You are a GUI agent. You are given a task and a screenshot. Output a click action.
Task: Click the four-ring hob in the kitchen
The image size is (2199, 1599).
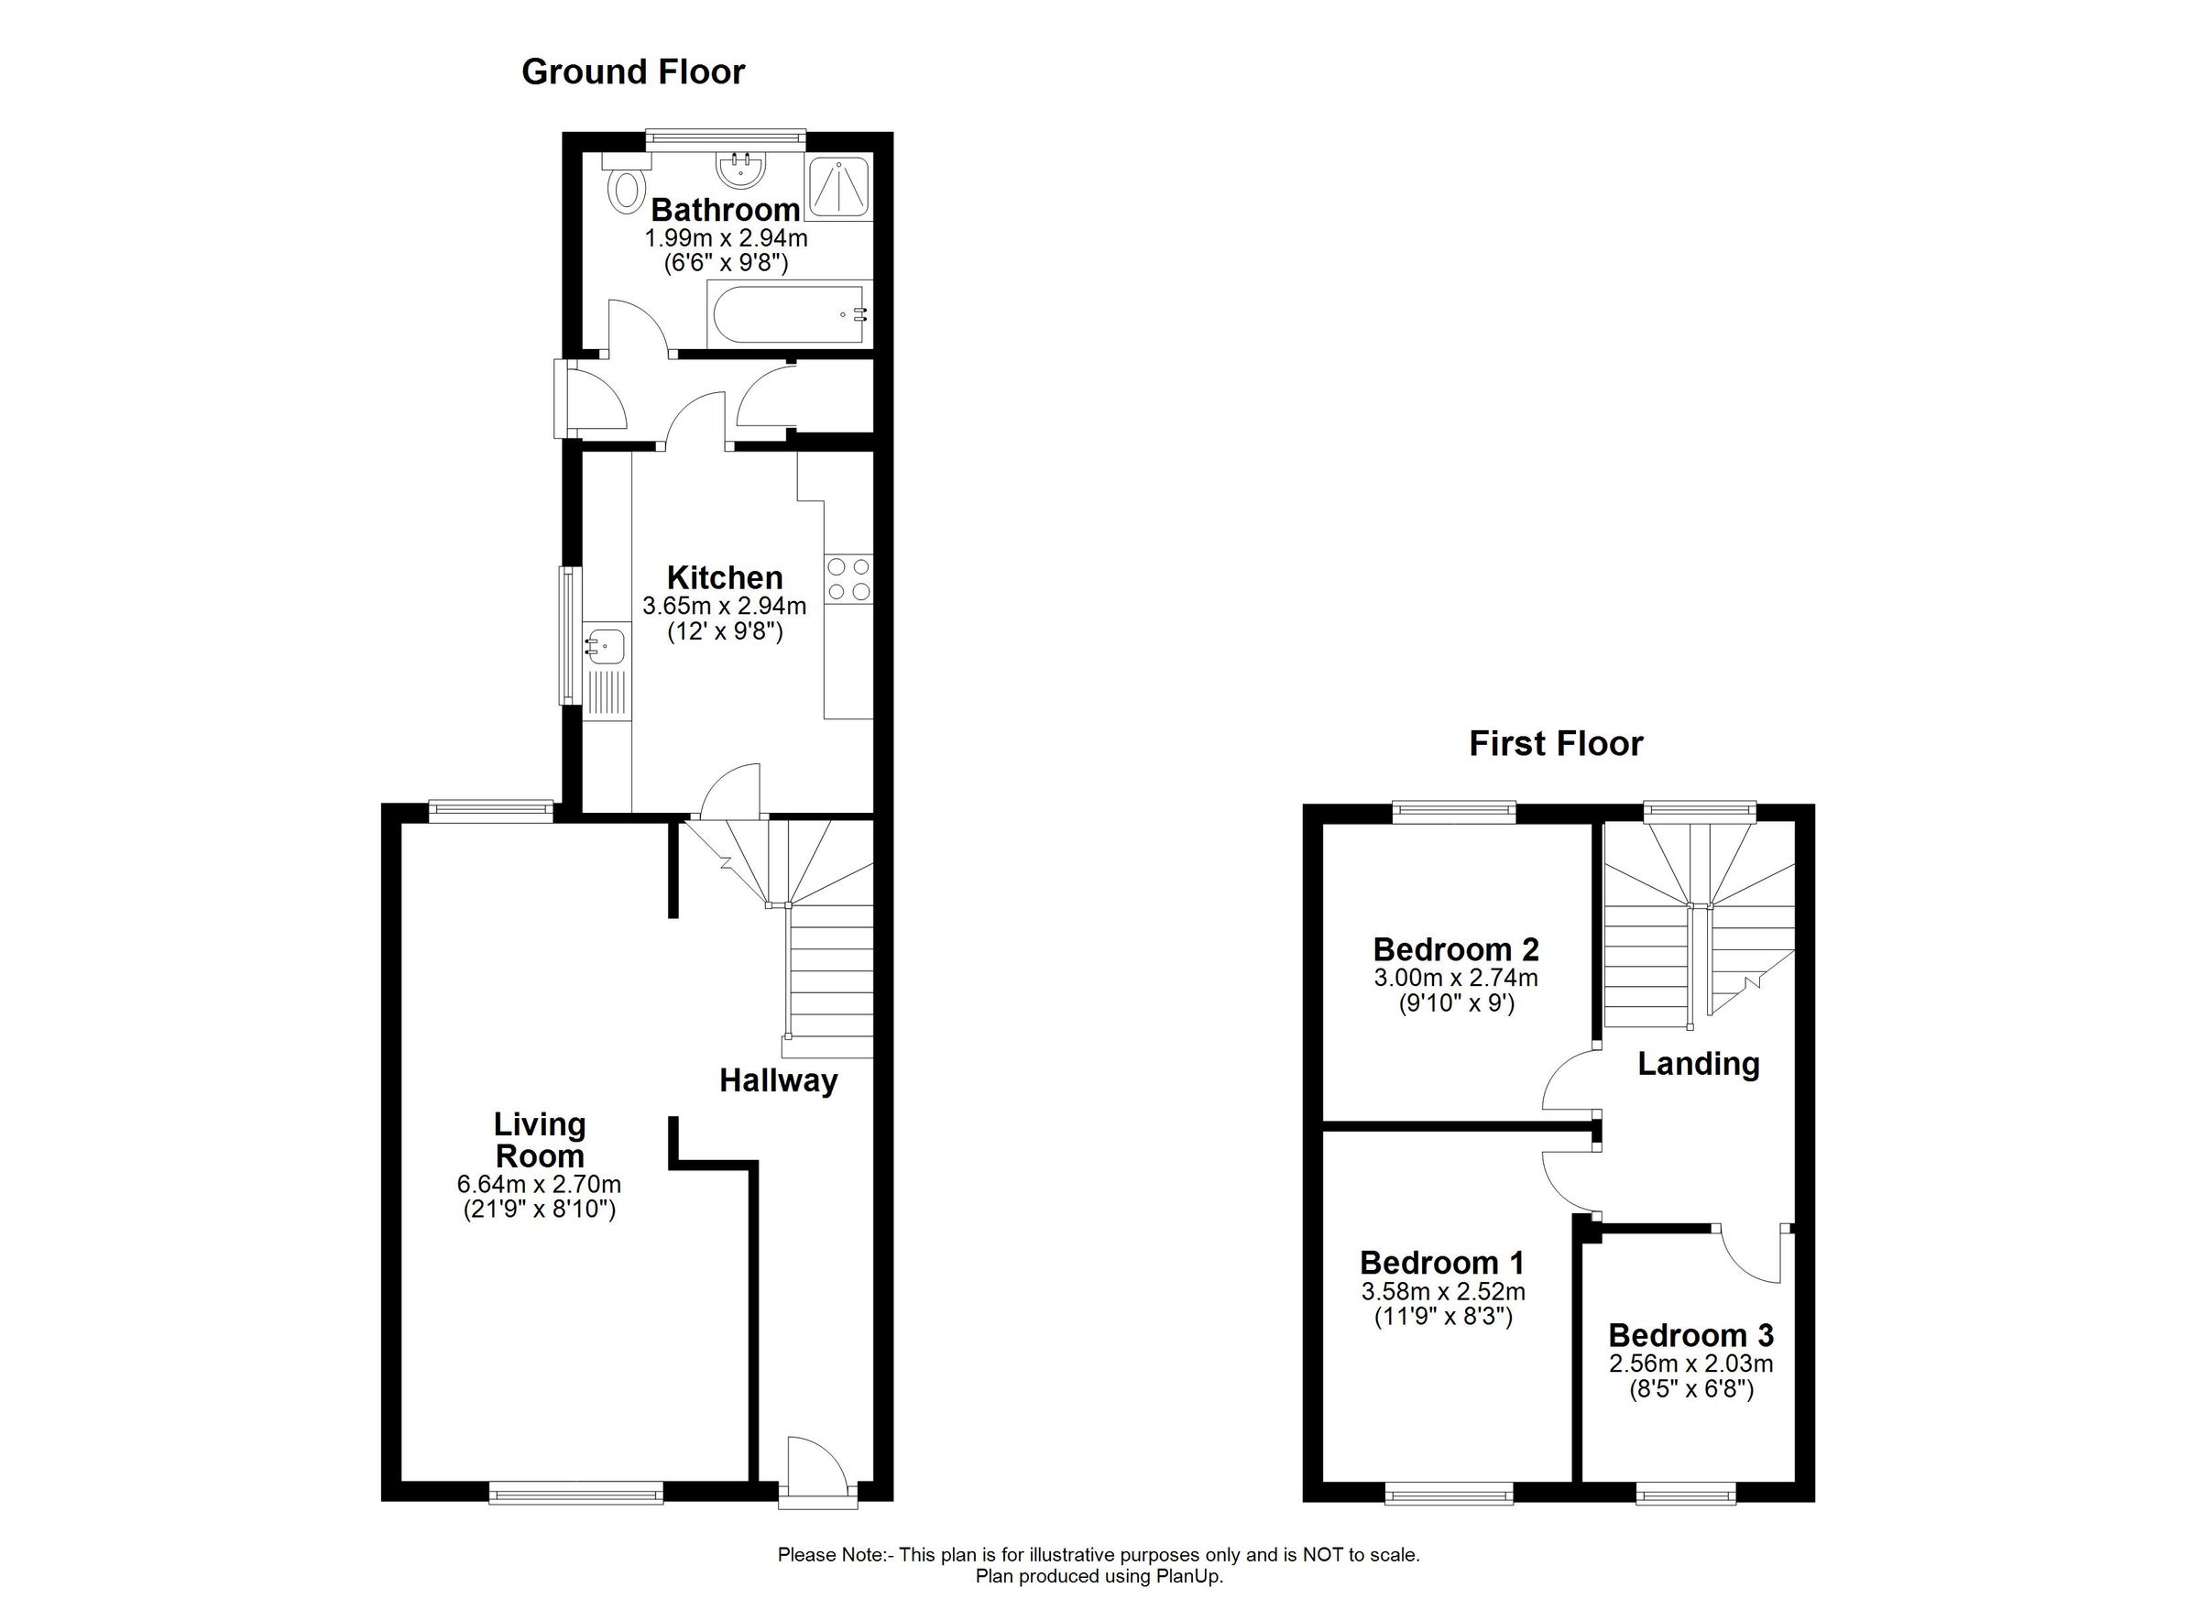point(848,579)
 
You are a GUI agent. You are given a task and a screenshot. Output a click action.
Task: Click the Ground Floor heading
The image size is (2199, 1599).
point(633,71)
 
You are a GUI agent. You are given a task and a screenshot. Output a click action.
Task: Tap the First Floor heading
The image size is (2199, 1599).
point(1555,744)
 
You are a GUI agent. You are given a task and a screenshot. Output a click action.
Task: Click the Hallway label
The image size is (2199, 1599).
point(778,1080)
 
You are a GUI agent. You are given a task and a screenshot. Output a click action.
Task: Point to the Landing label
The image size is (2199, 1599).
point(1698,1064)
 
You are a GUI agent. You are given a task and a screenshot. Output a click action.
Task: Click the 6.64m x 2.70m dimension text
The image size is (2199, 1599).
point(538,1184)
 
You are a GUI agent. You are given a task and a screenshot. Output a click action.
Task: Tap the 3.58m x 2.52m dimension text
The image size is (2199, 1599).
point(1443,1292)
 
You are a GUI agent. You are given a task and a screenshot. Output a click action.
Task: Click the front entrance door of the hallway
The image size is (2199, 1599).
point(818,1473)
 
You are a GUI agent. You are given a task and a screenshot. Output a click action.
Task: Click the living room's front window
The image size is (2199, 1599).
point(576,1493)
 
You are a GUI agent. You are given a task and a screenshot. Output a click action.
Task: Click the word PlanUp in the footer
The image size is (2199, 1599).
point(1188,1576)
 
